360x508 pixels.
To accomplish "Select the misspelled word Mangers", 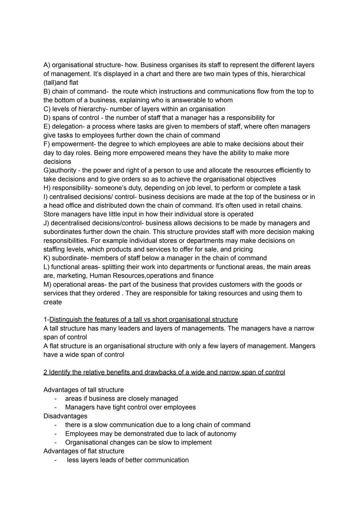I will point(302,346).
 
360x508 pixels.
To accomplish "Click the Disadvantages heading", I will point(65,416).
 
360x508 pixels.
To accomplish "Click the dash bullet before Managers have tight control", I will point(56,407).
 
